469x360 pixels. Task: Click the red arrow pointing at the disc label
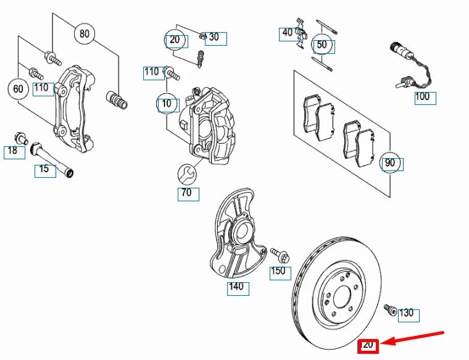(412, 338)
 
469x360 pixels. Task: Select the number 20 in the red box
(368, 345)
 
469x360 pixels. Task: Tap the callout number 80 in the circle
(85, 33)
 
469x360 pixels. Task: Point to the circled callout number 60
(19, 89)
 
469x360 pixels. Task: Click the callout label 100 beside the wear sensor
(423, 97)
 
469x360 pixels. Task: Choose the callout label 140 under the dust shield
(236, 287)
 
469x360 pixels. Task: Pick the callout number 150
(279, 271)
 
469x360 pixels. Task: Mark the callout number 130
(406, 314)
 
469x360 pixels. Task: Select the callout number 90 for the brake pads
(390, 163)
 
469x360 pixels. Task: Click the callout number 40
(288, 32)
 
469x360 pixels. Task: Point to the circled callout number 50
(322, 45)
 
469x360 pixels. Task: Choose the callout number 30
(214, 37)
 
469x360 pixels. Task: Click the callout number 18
(13, 151)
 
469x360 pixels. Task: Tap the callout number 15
(44, 169)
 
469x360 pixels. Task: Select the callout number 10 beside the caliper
(167, 104)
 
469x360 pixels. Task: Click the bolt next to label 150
(276, 253)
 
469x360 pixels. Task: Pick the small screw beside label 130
(389, 309)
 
